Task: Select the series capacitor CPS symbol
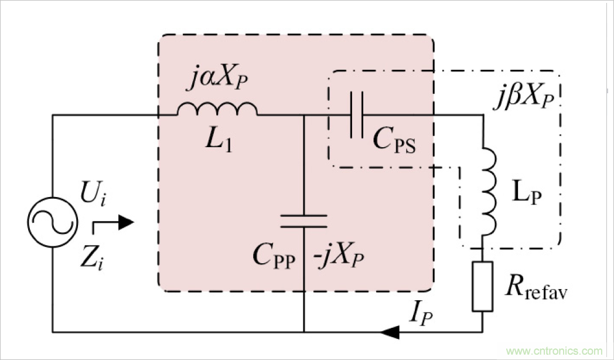tap(356, 115)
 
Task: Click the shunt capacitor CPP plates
tap(304, 220)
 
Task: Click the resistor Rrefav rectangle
tap(482, 286)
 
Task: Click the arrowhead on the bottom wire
tap(390, 332)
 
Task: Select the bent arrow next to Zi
tap(111, 224)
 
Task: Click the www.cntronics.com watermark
tap(554, 351)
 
